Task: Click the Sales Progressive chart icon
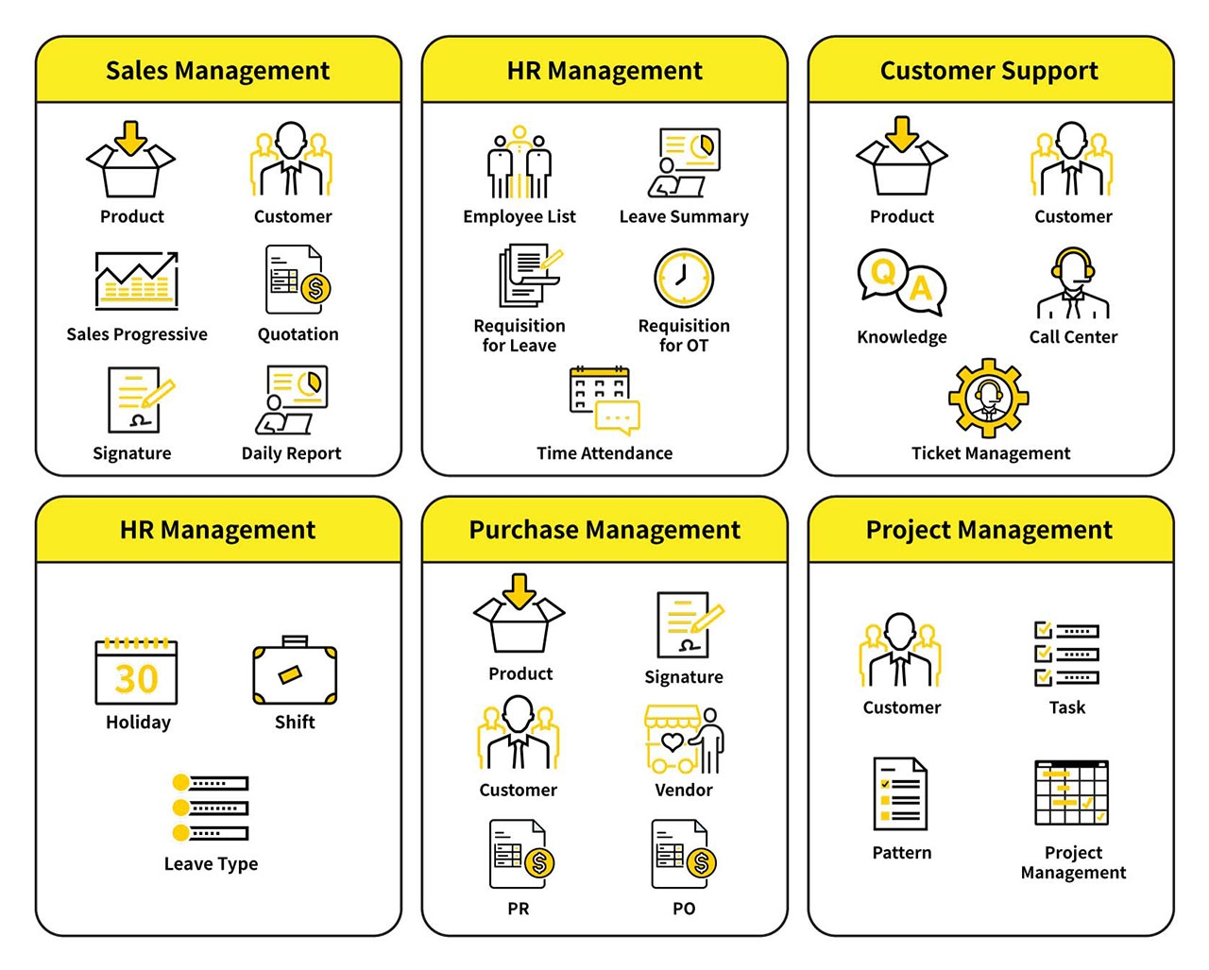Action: pos(136,281)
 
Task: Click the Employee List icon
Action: pos(519,163)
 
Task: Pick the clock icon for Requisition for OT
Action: pos(684,279)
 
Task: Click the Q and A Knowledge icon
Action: pos(901,279)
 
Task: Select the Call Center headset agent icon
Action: pos(1073,283)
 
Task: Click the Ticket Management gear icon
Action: pos(989,398)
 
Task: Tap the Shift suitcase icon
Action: pos(295,672)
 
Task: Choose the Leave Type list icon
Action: pos(211,808)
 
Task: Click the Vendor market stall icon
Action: pos(685,740)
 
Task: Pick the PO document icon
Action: pos(684,855)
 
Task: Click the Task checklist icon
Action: pos(1067,654)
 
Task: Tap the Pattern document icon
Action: pos(901,794)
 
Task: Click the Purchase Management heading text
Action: pos(604,530)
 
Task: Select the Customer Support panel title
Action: pos(989,71)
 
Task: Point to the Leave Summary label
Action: pos(684,216)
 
